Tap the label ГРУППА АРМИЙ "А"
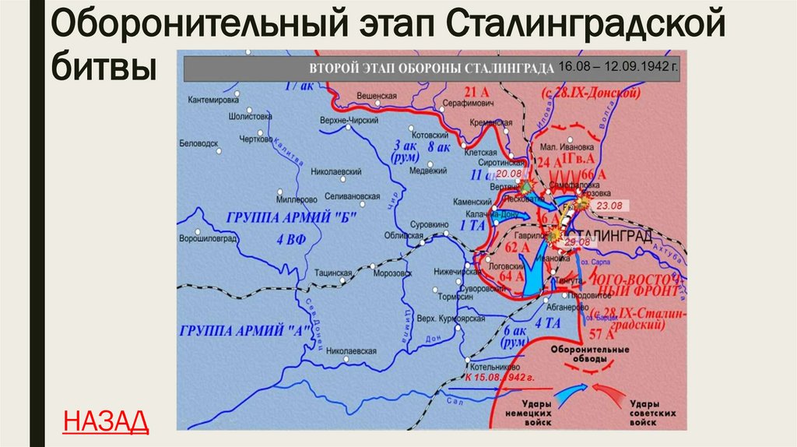pos(241,329)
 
